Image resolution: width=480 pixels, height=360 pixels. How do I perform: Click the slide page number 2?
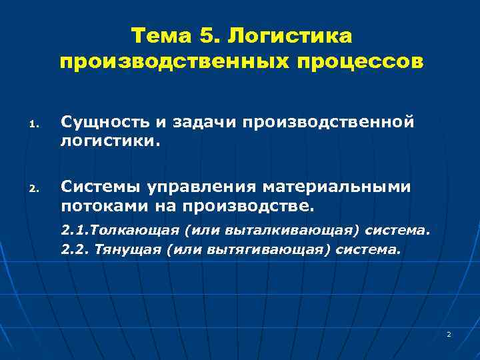click(449, 333)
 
